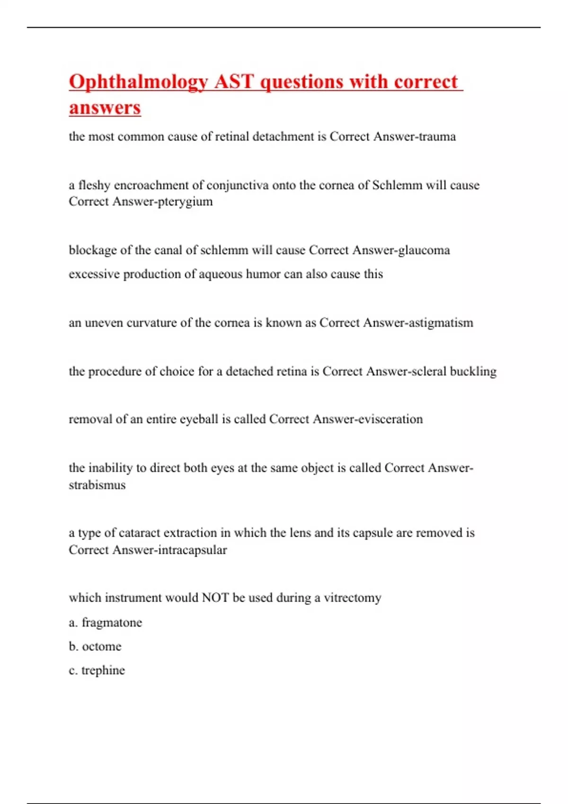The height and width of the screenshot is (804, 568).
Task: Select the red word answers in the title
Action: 105,107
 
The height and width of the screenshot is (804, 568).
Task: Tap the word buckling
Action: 473,372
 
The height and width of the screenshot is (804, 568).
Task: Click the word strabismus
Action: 97,485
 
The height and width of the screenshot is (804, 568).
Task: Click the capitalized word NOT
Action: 215,598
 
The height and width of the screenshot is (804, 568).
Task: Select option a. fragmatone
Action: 105,622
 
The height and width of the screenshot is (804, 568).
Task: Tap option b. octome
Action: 95,647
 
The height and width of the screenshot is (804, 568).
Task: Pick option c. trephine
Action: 97,671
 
